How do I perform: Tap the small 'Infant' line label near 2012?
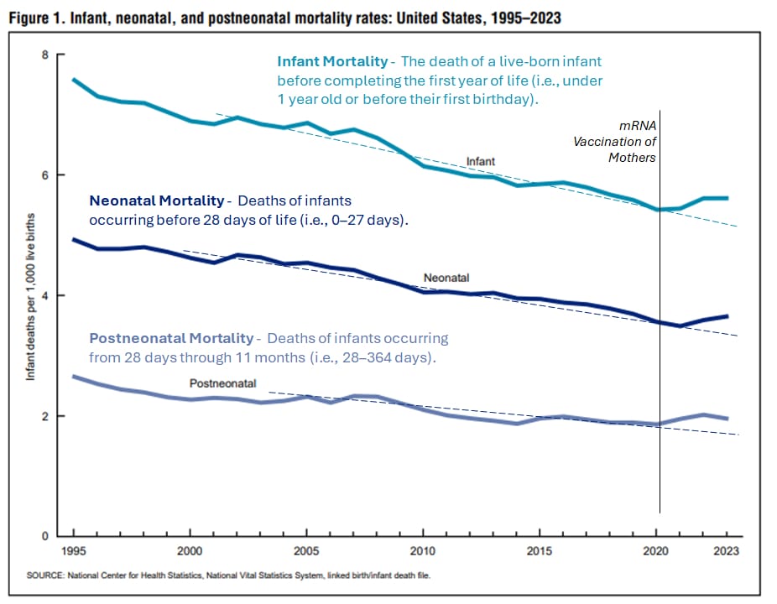tap(481, 160)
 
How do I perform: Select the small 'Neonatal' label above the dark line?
tap(446, 277)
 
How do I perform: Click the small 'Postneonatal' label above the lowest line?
tap(222, 383)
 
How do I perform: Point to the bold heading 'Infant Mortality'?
tap(332, 61)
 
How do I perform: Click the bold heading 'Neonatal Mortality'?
tap(156, 201)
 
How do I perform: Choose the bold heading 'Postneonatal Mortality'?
tap(171, 338)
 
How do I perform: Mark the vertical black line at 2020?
tap(660, 336)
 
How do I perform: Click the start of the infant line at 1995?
tap(74, 80)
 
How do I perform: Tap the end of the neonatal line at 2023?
tap(727, 316)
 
